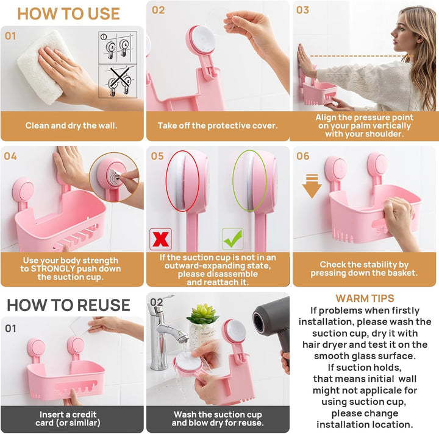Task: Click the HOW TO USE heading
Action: coord(68,13)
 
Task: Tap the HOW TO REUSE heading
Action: coord(68,305)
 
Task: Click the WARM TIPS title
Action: coord(365,298)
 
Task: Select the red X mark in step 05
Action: coord(160,239)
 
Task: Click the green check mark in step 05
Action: coord(233,239)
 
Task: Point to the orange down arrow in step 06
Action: coord(312,186)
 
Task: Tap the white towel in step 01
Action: coord(42,67)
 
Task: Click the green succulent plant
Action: coord(202,314)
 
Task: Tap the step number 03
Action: coord(302,10)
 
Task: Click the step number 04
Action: coord(10,156)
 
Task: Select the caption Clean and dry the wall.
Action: coord(71,126)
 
